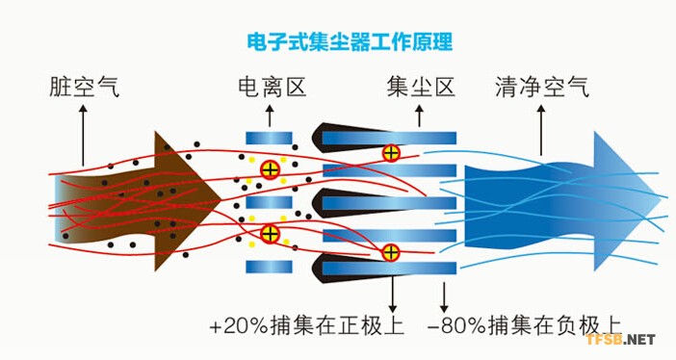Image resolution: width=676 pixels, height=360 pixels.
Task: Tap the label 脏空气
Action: (83, 89)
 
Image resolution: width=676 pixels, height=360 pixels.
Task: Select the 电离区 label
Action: (272, 89)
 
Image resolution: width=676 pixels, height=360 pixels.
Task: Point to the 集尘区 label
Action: (419, 89)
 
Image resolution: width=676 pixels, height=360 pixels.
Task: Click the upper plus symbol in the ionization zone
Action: (271, 170)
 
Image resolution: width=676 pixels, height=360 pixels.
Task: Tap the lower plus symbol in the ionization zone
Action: (271, 232)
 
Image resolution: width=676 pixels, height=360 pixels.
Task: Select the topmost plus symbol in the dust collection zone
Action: (391, 152)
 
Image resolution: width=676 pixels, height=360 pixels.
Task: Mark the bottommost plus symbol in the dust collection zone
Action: (391, 252)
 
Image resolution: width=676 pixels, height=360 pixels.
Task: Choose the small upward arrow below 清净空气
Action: (541, 125)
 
